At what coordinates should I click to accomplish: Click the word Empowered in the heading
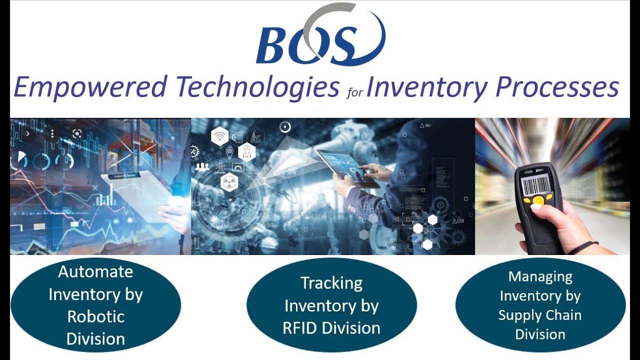pyautogui.click(x=90, y=87)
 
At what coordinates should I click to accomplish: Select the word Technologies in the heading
pyautogui.click(x=257, y=87)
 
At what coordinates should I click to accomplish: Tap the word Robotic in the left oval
pyautogui.click(x=95, y=316)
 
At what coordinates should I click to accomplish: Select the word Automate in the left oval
pyautogui.click(x=95, y=271)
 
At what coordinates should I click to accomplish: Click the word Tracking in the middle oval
pyautogui.click(x=331, y=283)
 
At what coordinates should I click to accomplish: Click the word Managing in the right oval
pyautogui.click(x=540, y=276)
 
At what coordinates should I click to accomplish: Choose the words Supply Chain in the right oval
pyautogui.click(x=540, y=315)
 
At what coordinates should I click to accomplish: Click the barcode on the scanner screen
pyautogui.click(x=535, y=185)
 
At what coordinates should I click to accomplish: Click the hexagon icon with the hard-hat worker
pyautogui.click(x=246, y=150)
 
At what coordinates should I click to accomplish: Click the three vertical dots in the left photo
pyautogui.click(x=52, y=133)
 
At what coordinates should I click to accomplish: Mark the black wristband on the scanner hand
pyautogui.click(x=583, y=247)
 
